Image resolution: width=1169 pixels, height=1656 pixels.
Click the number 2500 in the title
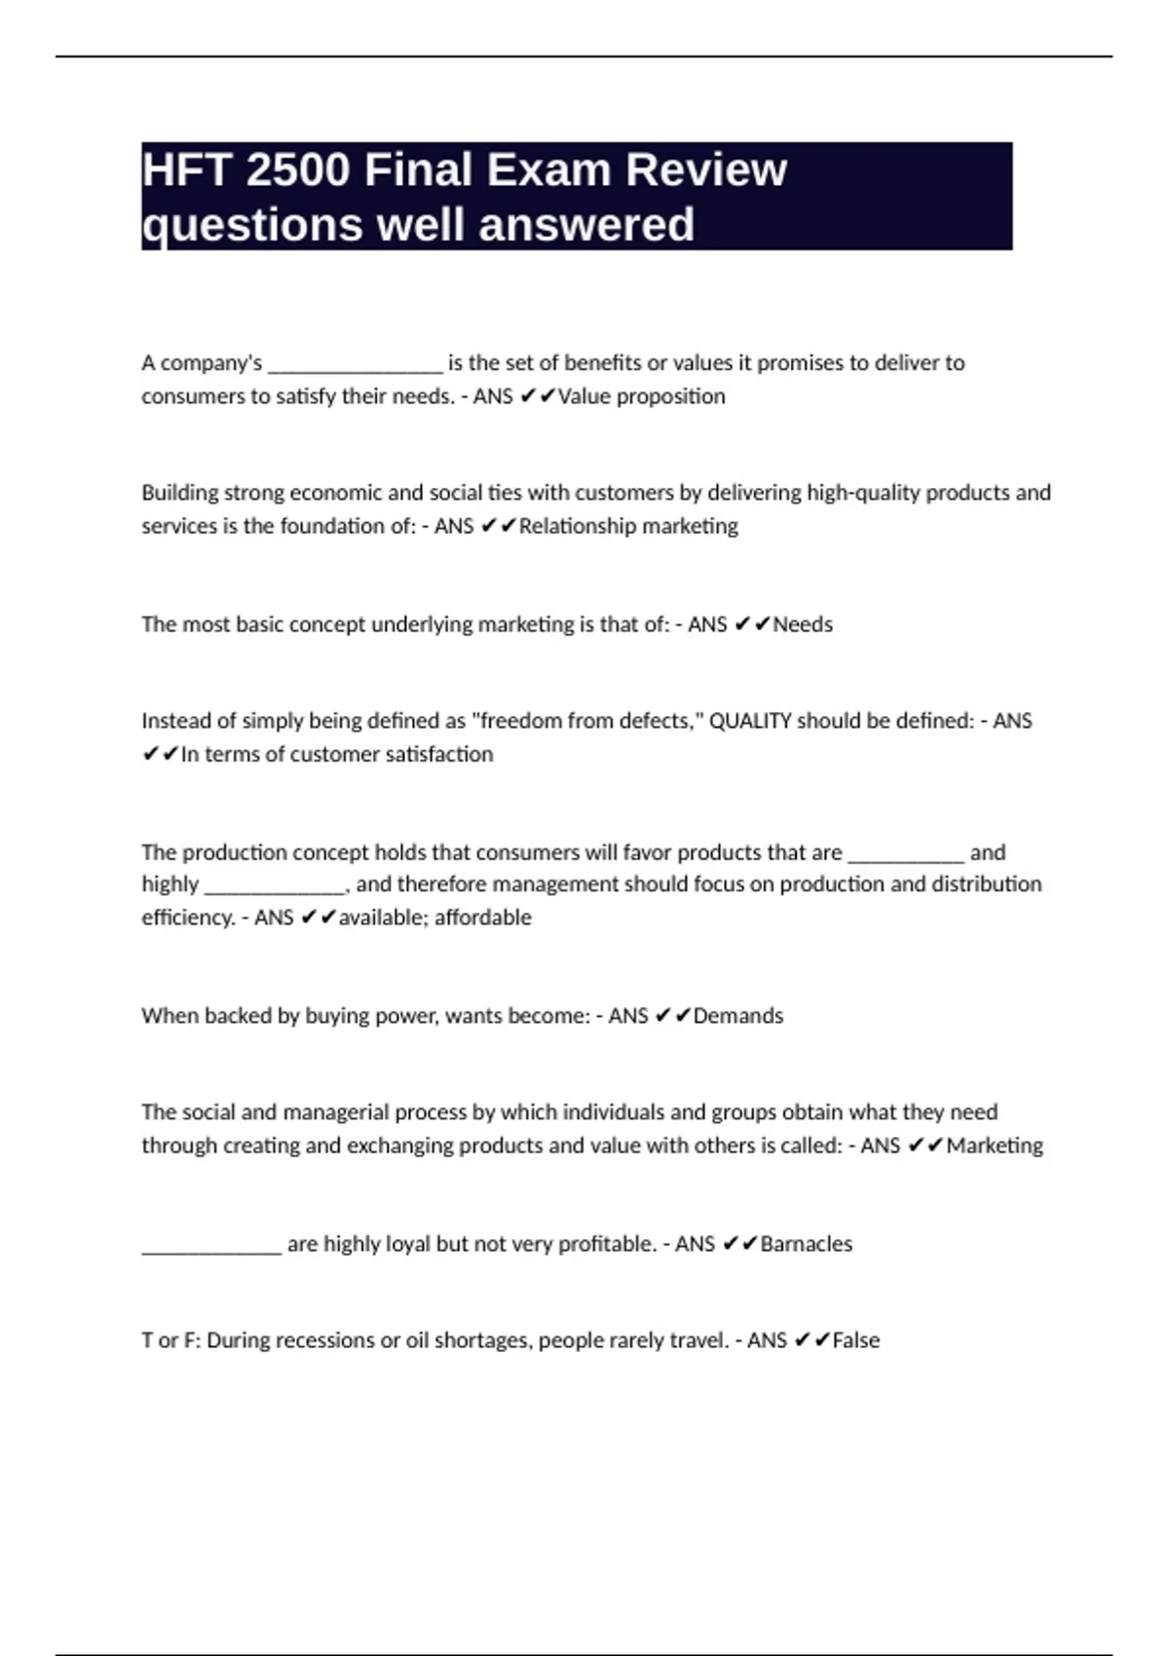pos(297,169)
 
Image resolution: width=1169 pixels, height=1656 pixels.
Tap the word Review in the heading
pos(705,169)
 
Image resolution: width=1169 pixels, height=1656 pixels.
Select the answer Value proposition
pos(641,396)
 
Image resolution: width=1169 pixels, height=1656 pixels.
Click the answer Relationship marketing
pos(628,526)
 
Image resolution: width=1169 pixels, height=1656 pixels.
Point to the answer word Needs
pos(803,624)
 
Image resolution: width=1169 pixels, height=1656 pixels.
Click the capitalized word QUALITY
pos(750,721)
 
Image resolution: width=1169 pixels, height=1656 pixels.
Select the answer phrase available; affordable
pos(434,918)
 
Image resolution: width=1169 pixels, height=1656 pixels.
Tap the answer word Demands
pos(737,1016)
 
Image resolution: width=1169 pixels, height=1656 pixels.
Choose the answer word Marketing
pos(995,1146)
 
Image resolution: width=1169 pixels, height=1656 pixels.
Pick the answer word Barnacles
pos(806,1244)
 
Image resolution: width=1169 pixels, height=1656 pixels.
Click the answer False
pos(855,1340)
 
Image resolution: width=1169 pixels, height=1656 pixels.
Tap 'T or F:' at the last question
pos(170,1340)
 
